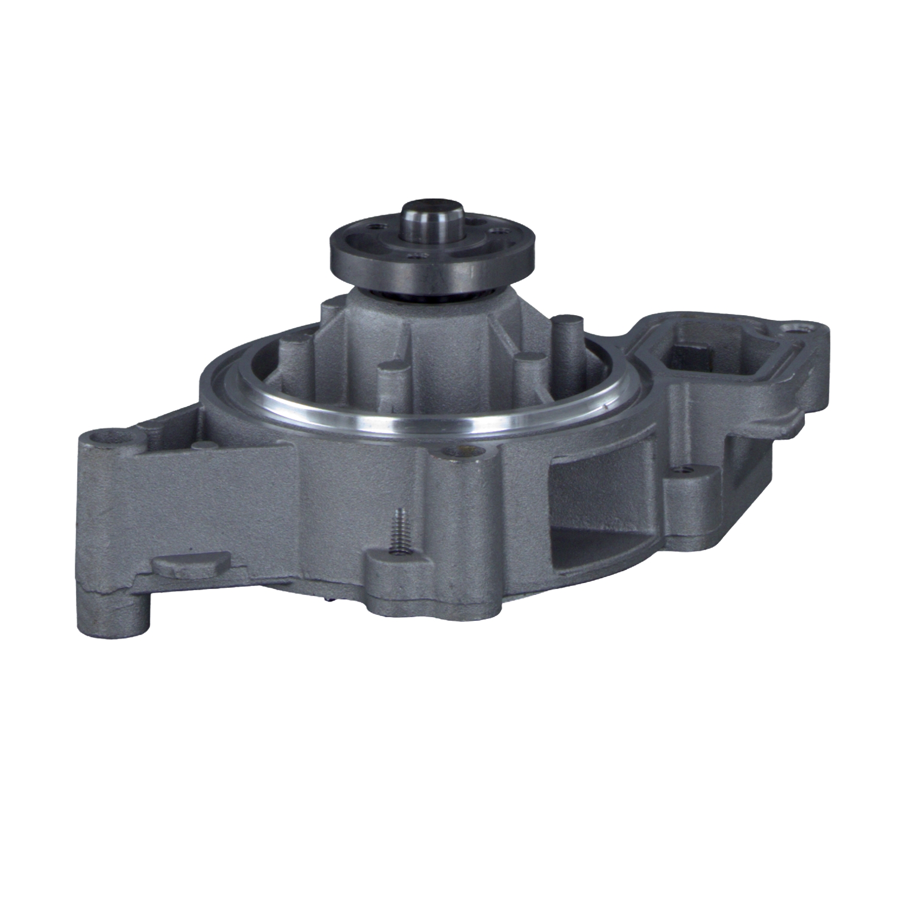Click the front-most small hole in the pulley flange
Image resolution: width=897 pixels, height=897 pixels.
414,258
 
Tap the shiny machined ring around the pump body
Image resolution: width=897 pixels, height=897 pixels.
419,422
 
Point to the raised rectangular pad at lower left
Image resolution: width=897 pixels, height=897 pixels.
190,564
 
